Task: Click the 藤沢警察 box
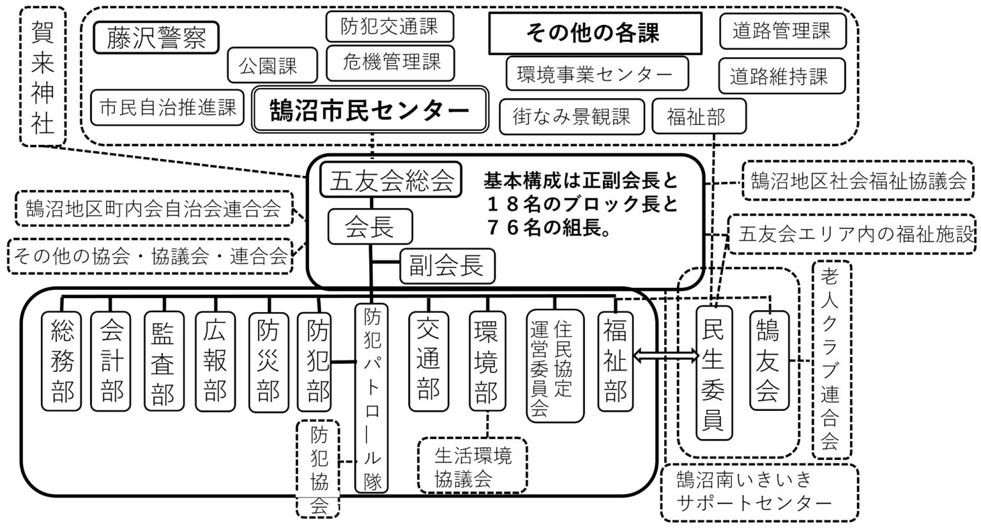click(156, 38)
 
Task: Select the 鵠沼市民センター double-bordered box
click(370, 110)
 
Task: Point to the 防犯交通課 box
click(389, 27)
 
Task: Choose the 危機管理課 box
click(392, 63)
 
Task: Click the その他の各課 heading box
click(595, 33)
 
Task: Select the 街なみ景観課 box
click(572, 116)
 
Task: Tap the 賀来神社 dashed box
click(43, 77)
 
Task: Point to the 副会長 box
click(447, 266)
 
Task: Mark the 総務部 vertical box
click(62, 360)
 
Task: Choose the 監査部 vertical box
click(163, 360)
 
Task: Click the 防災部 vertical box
click(268, 360)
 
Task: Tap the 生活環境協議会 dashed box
click(473, 465)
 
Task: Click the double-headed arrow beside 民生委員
click(665, 357)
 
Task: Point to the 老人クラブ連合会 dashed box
click(831, 359)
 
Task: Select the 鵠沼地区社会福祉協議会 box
click(858, 181)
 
